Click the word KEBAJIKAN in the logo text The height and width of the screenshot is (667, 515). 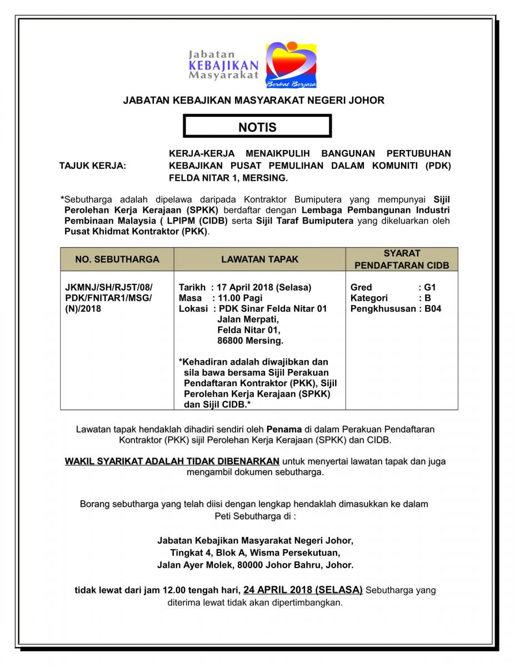224,65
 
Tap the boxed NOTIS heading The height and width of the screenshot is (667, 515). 257,127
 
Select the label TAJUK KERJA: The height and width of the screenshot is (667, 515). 93,166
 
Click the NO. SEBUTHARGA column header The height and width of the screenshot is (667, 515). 117,259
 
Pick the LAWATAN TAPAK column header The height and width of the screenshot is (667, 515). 259,259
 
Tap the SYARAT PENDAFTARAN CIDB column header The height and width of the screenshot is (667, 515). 402,259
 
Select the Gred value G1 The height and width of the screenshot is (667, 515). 430,287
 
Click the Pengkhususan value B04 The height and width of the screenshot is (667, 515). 433,308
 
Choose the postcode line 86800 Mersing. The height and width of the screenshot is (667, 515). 250,340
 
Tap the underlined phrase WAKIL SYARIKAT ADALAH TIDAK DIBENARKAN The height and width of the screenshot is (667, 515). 172,461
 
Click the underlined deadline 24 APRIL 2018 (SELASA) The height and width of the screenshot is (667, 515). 303,590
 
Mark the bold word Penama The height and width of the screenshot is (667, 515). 284,430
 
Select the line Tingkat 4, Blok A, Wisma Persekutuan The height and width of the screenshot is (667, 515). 255,552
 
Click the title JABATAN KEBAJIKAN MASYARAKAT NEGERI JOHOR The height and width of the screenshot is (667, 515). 253,101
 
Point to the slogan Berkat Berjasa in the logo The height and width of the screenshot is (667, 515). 291,84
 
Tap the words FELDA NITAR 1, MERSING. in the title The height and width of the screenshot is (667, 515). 228,178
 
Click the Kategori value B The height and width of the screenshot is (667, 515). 428,298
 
